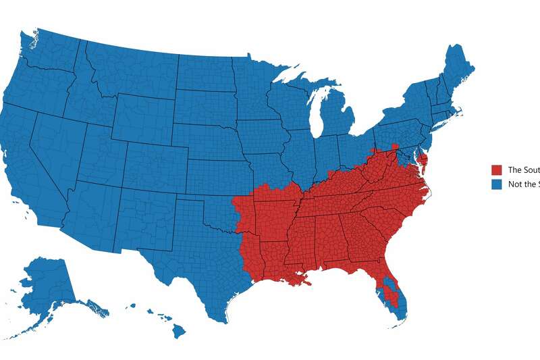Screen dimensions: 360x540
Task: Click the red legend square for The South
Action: click(x=497, y=170)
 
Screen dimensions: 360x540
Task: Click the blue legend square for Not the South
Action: click(x=497, y=184)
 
